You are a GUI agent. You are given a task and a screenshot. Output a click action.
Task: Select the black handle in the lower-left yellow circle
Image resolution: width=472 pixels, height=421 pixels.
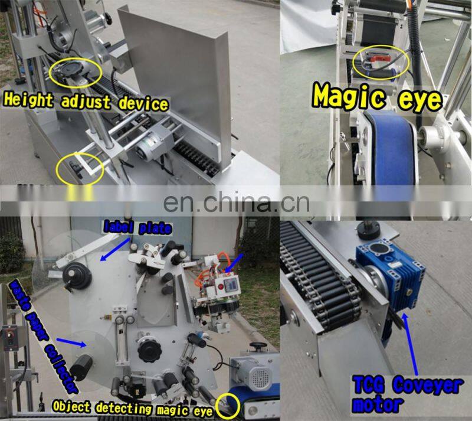77,166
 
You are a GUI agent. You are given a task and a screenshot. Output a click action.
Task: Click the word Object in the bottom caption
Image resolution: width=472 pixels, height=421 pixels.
71,406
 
